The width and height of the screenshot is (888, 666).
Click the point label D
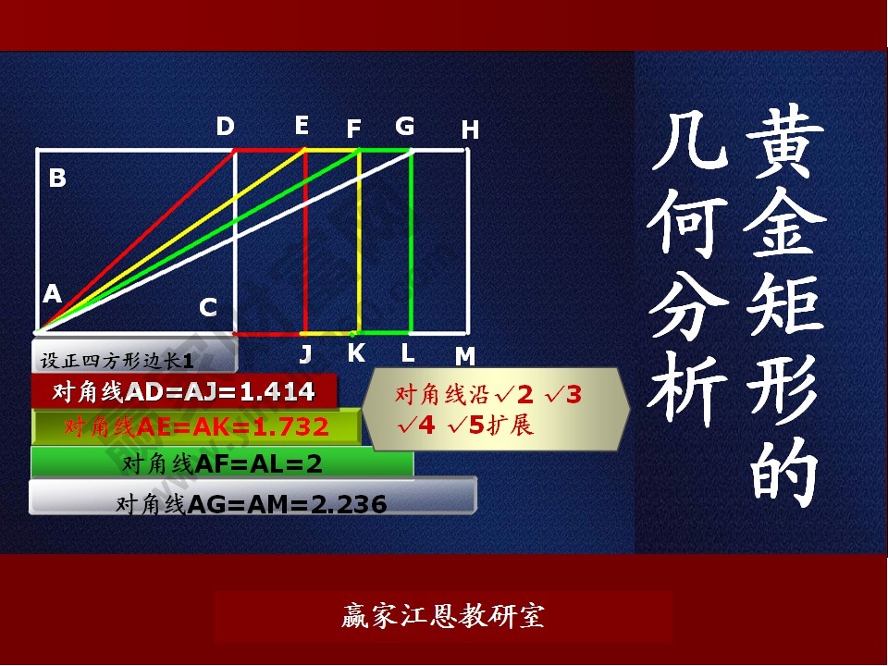pos(226,127)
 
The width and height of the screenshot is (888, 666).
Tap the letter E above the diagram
pos(302,126)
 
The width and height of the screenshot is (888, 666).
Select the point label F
pos(353,130)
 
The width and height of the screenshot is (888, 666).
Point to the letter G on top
pos(404,127)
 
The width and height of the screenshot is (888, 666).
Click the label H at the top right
pos(470,131)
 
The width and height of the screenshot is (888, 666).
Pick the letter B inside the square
pos(57,178)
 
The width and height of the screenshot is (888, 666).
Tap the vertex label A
pos(52,294)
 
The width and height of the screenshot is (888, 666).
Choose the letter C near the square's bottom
pos(208,308)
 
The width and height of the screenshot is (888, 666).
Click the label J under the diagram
pos(305,354)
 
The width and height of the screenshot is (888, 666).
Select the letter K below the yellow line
pos(356,353)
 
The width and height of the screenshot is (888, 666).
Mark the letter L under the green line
pos(408,353)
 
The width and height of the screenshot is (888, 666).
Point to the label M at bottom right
pos(464,357)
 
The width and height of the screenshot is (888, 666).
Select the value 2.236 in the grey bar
pos(345,504)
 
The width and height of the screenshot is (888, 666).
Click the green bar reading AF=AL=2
pos(222,463)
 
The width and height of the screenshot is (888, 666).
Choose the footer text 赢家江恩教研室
pos(443,616)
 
